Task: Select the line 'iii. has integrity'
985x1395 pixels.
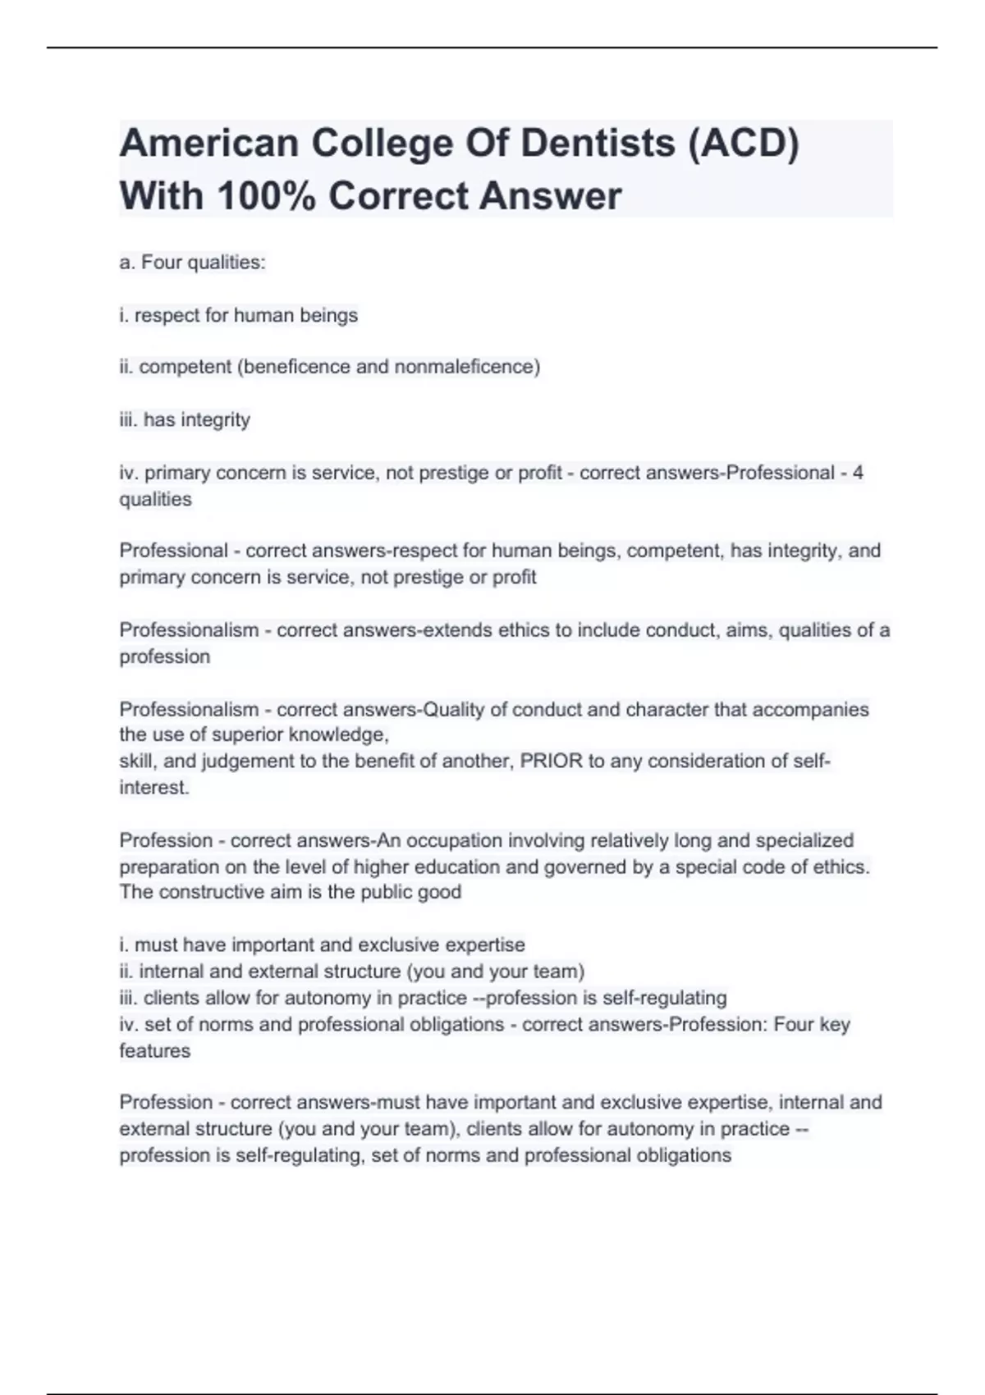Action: [x=185, y=420]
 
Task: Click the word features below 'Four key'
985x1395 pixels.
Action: [x=154, y=1050]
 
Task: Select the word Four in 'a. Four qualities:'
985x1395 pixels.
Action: [x=162, y=263]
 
